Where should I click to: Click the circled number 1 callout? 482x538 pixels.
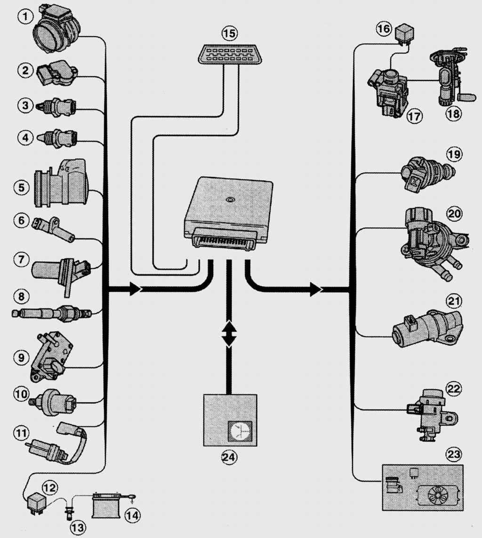[x=26, y=17]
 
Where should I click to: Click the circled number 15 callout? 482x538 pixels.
[x=229, y=33]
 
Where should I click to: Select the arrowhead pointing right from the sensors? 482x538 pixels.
[x=135, y=289]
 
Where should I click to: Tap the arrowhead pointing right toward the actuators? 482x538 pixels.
[x=315, y=289]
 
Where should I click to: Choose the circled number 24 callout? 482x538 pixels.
[x=230, y=456]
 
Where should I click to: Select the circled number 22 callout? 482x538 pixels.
[x=454, y=388]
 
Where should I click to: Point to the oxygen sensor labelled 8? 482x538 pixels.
[x=51, y=313]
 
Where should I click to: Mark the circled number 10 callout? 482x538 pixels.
[x=21, y=393]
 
